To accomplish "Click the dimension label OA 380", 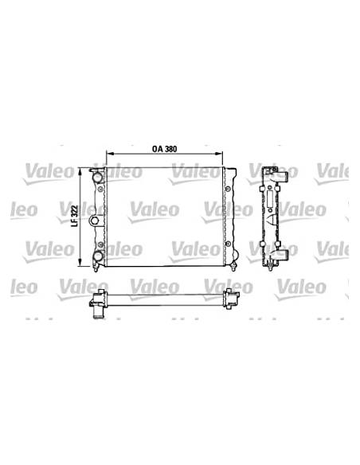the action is point(164,149).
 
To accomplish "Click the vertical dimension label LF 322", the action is point(75,216).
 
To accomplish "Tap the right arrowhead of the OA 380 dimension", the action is point(219,154).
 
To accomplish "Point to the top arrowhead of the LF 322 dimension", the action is point(80,171).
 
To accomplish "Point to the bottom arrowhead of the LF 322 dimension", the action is point(80,262).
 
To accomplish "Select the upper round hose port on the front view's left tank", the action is point(97,177).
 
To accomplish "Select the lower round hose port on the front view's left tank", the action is point(97,256).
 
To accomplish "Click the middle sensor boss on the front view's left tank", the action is point(95,221).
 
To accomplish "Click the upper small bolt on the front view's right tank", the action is point(228,189).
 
